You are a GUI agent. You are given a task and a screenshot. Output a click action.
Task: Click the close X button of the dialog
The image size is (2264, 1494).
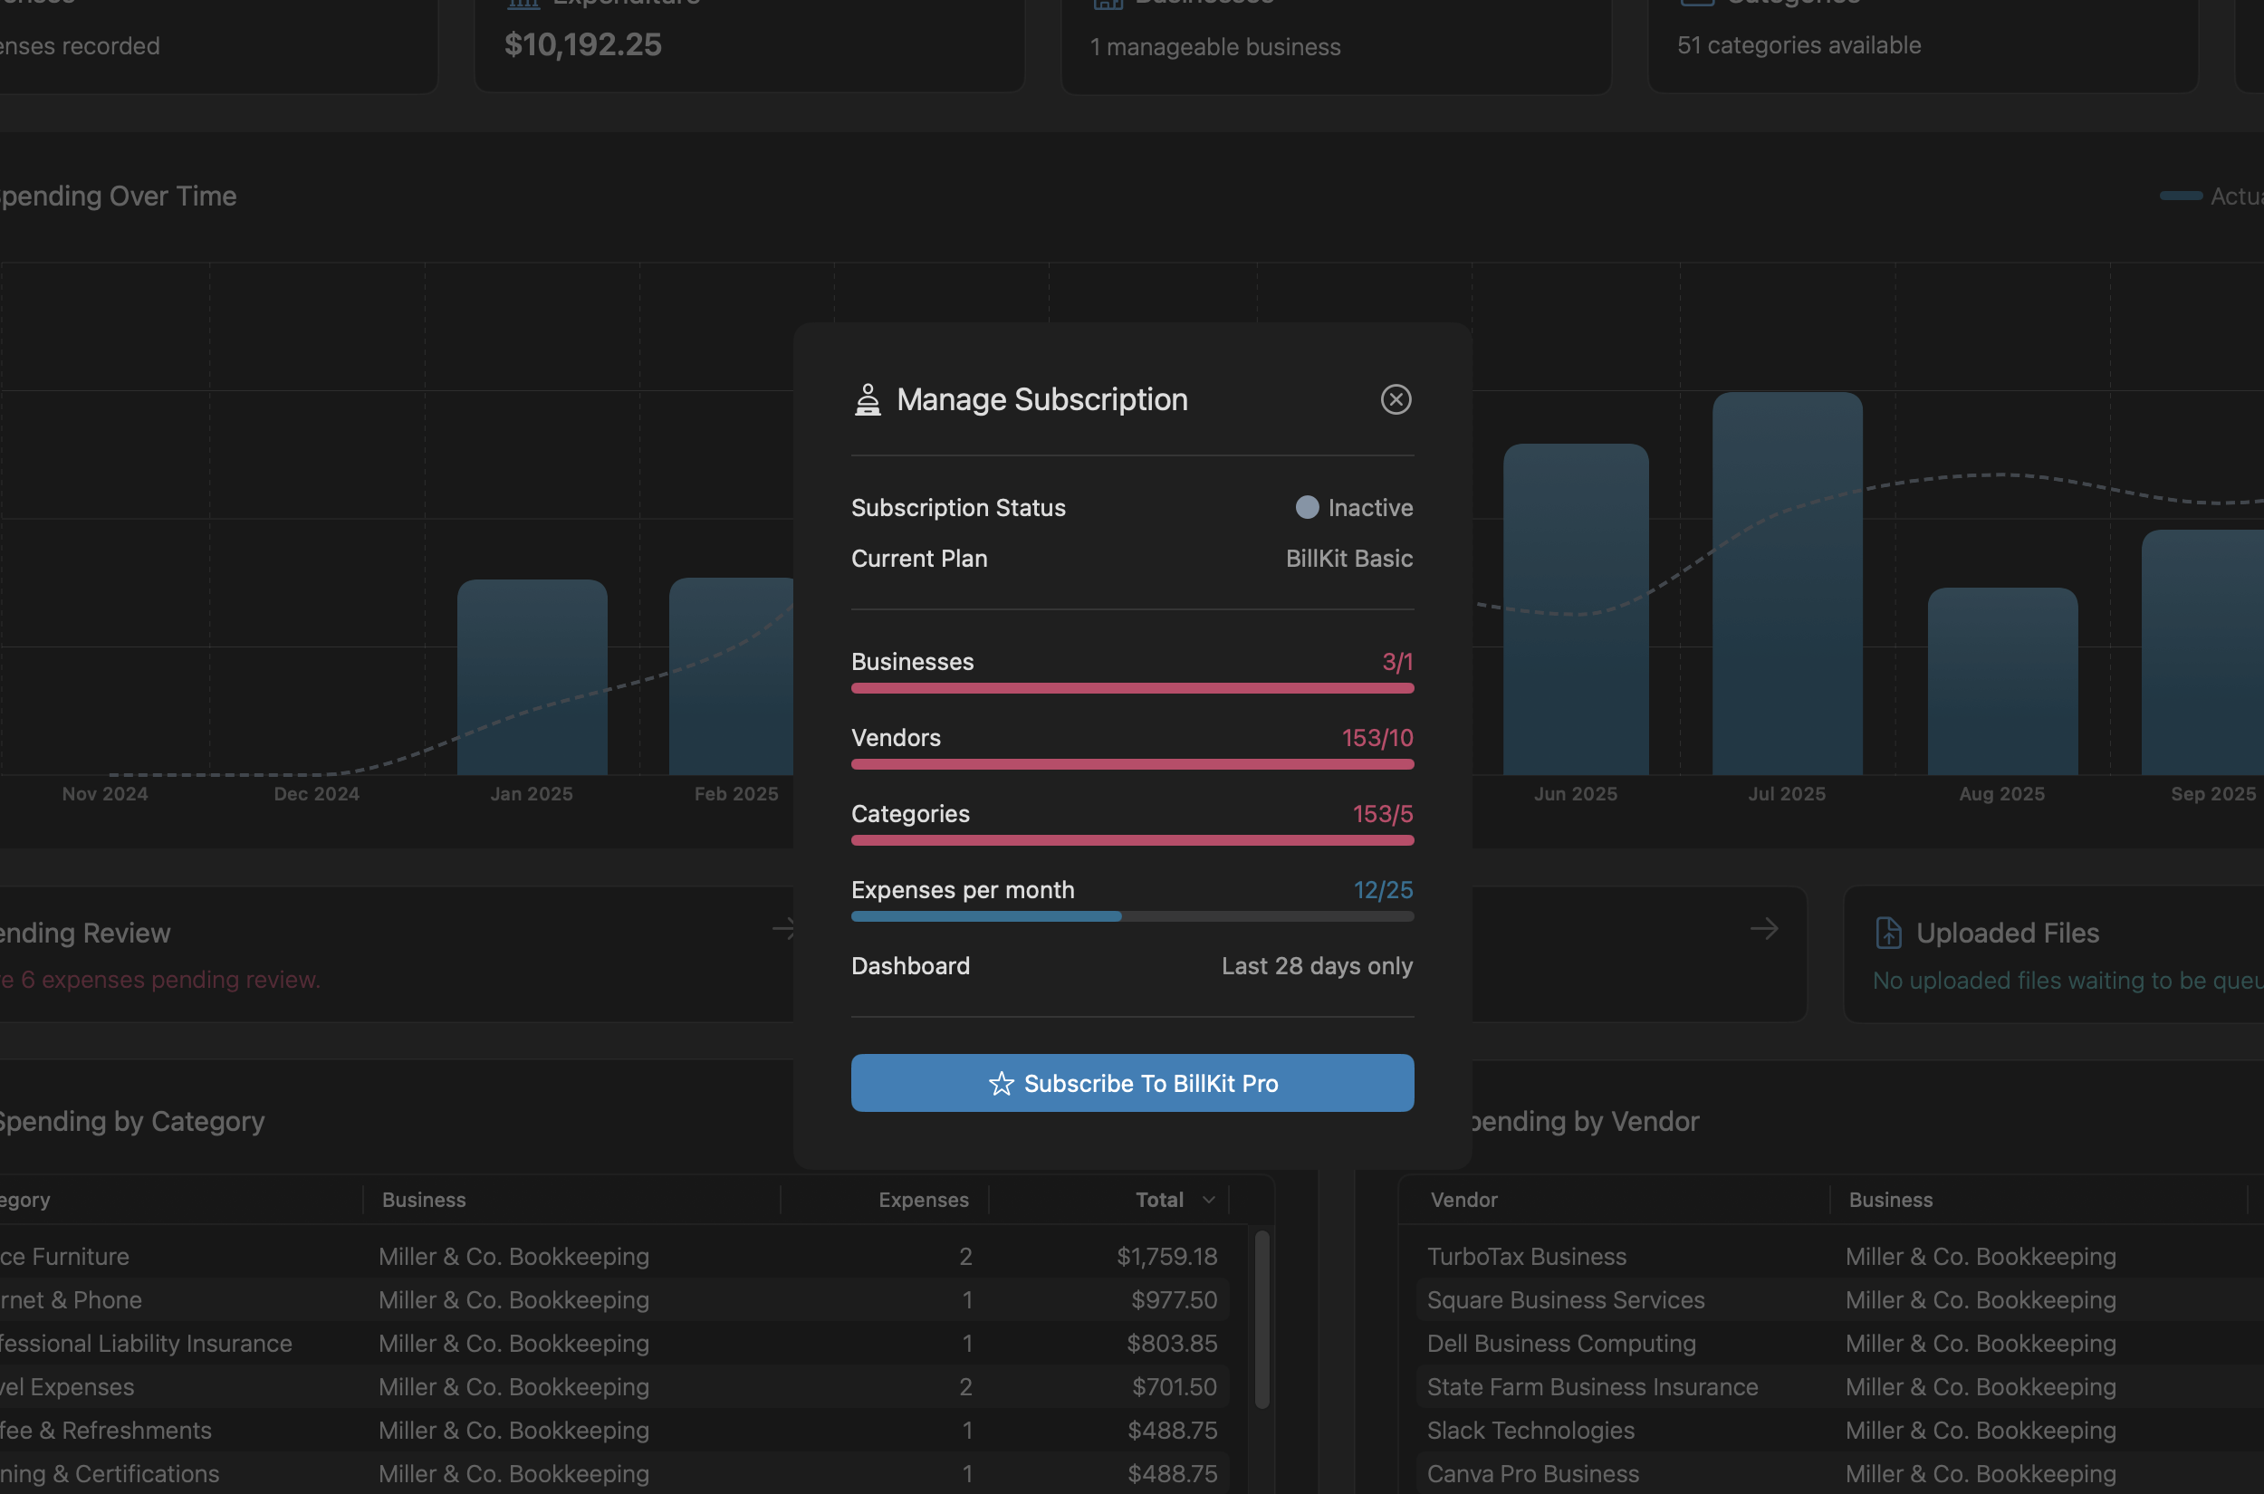(x=1395, y=399)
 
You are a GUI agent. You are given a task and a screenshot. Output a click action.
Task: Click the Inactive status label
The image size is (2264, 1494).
(x=1369, y=508)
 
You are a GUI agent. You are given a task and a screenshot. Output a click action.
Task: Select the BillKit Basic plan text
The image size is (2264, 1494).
(x=1348, y=559)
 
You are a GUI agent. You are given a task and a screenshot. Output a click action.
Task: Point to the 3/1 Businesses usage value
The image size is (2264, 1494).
(x=1397, y=662)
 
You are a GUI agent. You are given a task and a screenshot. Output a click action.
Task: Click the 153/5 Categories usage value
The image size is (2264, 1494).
(x=1382, y=815)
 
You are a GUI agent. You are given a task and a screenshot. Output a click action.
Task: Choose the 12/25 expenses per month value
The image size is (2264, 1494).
(x=1383, y=890)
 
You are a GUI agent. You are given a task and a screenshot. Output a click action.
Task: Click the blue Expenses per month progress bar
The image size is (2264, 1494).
(x=985, y=916)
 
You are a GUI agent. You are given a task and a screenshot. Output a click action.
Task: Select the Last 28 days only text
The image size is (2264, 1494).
(x=1316, y=966)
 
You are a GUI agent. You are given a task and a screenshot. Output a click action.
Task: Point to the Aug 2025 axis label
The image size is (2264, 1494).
(x=2001, y=794)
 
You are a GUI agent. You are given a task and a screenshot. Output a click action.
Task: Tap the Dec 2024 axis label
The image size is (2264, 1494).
(x=316, y=794)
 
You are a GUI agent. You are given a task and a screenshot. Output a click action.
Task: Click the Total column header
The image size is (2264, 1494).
(x=1158, y=1200)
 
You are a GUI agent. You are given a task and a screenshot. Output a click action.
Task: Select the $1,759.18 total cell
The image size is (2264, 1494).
(x=1166, y=1257)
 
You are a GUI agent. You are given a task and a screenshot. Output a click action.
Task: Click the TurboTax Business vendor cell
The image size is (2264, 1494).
(x=1526, y=1257)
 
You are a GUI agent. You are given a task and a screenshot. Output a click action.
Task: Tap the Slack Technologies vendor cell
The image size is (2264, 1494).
(x=1530, y=1430)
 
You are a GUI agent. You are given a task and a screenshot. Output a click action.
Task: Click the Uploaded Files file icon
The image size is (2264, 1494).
(x=1887, y=933)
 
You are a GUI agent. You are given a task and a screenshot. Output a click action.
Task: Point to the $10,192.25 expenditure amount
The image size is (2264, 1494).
(x=582, y=44)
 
